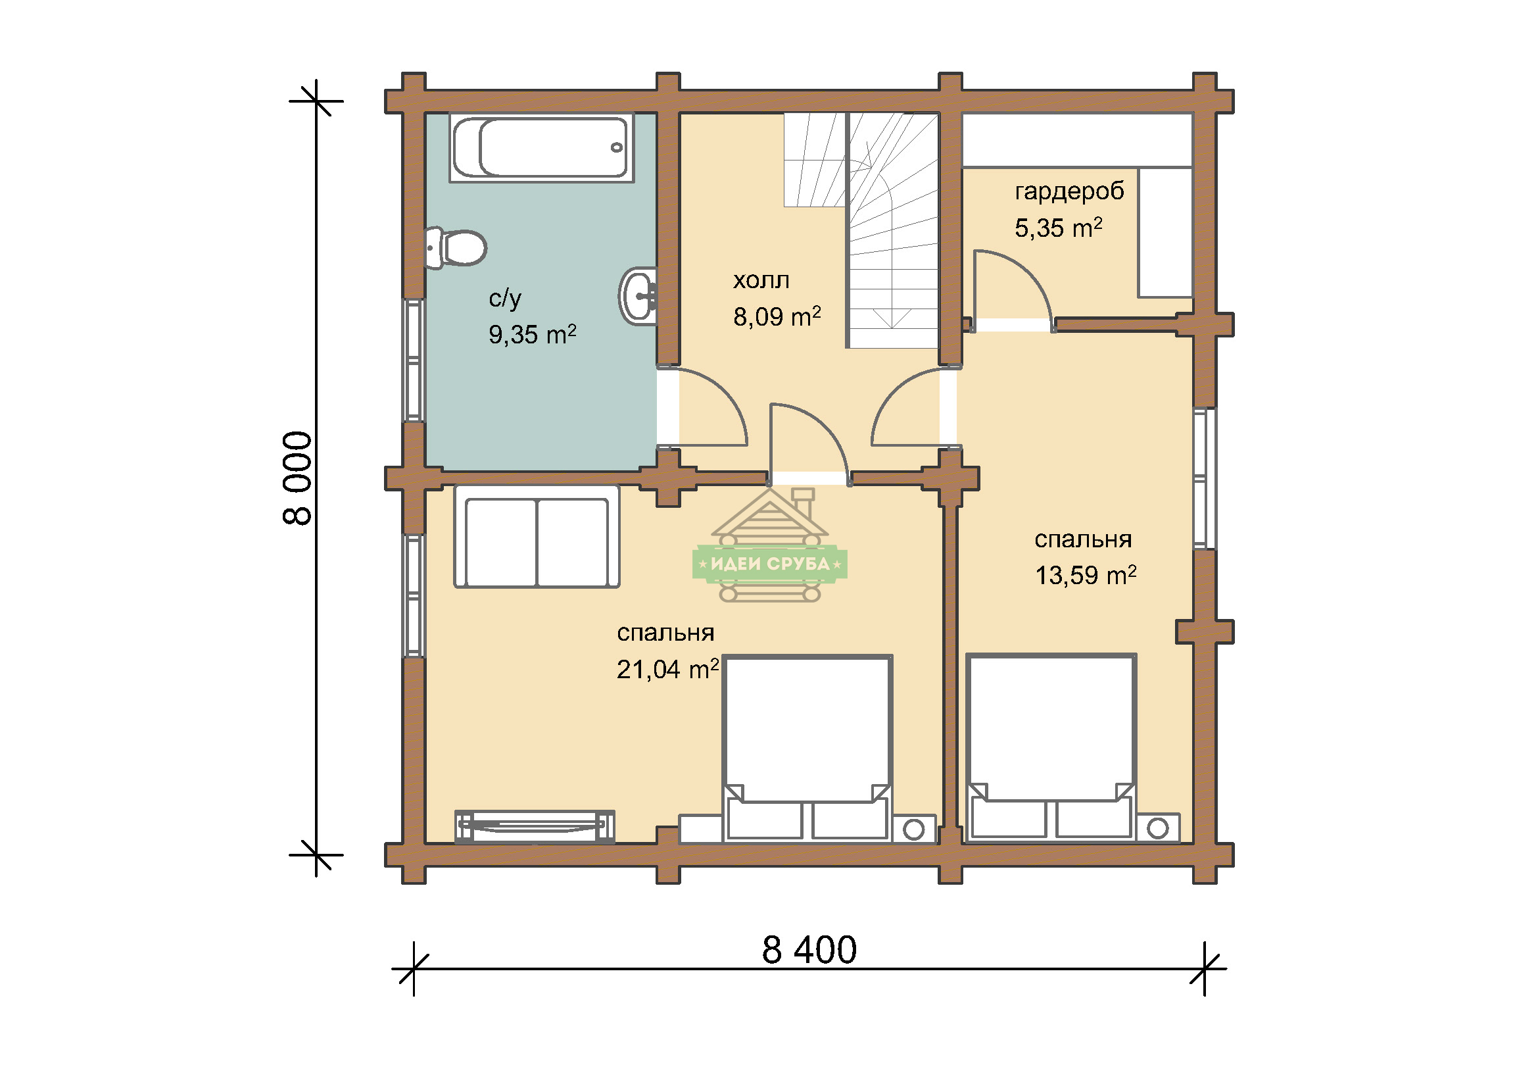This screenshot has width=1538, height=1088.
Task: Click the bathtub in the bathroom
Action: (541, 147)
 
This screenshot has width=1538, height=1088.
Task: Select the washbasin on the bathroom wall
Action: (638, 296)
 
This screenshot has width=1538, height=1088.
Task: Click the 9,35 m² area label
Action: (532, 334)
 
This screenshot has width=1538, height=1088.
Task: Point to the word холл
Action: (761, 280)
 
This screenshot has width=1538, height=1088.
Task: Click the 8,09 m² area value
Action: (777, 316)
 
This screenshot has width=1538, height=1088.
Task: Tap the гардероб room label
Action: (1069, 192)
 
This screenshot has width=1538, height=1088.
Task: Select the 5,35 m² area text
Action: (1059, 228)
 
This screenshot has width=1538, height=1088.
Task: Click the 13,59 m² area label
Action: (1086, 575)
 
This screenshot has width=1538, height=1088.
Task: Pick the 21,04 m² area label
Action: (668, 668)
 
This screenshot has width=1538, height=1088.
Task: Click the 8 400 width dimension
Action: (809, 949)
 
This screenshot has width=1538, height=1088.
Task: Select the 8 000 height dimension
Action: (297, 478)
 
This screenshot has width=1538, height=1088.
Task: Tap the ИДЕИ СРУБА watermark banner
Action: (770, 564)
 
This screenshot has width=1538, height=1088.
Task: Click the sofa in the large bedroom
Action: (537, 537)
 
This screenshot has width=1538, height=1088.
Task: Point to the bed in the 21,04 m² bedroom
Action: (807, 748)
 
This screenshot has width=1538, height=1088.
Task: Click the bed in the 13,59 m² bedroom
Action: (1051, 748)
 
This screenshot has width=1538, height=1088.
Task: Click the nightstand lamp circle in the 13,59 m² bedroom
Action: (1157, 828)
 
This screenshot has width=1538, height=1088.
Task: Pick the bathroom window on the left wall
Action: (414, 360)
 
